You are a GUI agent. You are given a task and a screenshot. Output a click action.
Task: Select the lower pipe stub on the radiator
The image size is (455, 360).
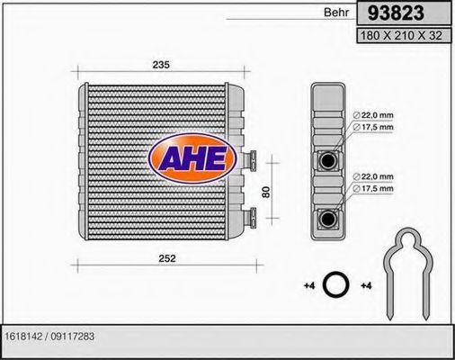(252, 213)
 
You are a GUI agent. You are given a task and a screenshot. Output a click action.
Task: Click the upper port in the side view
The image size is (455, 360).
(329, 160)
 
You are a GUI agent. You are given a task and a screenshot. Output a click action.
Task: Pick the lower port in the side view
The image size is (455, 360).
(329, 216)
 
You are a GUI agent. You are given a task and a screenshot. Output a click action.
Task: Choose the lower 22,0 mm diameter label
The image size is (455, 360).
(373, 176)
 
